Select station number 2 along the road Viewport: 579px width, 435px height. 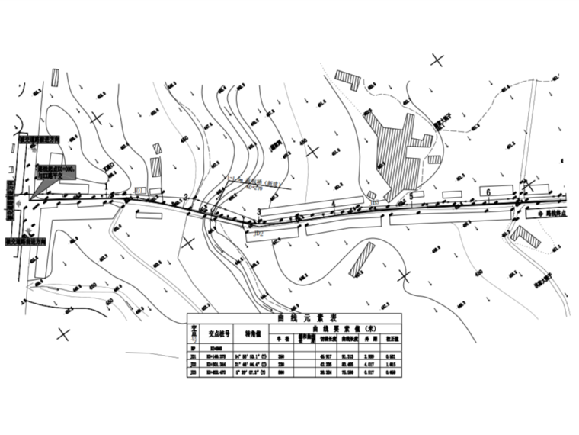(x=185, y=198)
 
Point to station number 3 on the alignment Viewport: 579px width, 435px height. (x=259, y=211)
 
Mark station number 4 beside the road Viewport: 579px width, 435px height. (x=334, y=202)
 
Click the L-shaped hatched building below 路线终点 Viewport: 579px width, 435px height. (x=525, y=237)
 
